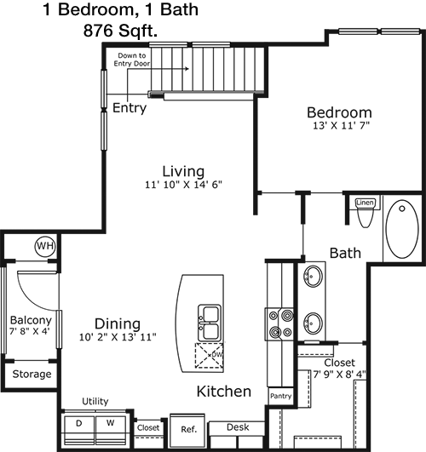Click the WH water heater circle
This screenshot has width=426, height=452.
tap(45, 247)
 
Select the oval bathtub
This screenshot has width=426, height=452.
tap(402, 229)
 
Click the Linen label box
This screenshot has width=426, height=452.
tap(366, 203)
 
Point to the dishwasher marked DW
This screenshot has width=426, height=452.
tap(210, 356)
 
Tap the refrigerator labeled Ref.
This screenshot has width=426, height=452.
tap(189, 431)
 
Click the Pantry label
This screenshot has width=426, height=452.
tap(280, 396)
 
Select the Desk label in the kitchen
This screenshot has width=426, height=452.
tap(238, 427)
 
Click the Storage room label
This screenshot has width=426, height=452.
tap(32, 375)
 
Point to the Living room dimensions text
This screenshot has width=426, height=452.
tap(183, 185)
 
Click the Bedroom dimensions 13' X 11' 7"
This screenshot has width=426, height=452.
tap(342, 126)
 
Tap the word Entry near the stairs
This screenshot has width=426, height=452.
tap(130, 108)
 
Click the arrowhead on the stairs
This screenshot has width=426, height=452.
tap(187, 69)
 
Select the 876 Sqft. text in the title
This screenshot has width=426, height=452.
tap(120, 31)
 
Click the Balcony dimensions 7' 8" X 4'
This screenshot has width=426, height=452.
tap(30, 331)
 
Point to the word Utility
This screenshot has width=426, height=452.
tap(95, 402)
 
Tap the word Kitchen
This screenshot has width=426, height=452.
tap(224, 392)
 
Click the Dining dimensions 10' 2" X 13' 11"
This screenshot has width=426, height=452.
tap(118, 337)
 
